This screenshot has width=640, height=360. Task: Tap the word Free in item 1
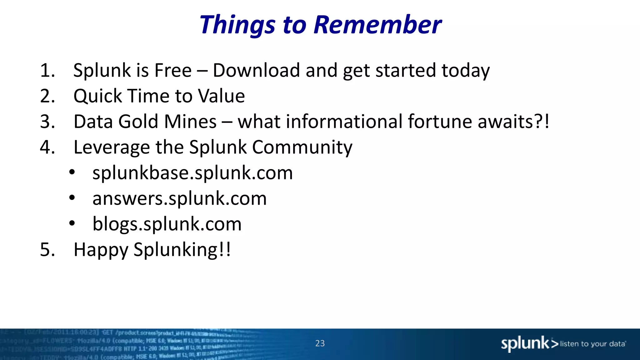(173, 70)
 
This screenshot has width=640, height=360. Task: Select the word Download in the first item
(256, 70)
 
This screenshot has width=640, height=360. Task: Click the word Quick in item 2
(97, 96)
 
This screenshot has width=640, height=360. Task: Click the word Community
(302, 148)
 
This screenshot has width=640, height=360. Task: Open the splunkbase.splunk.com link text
(192, 173)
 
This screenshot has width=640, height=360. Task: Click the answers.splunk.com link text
(179, 199)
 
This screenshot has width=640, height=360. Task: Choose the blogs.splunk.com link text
(167, 224)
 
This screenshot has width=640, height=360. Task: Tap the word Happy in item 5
(101, 250)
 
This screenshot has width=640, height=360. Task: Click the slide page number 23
(320, 343)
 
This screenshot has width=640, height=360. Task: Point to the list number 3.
(47, 122)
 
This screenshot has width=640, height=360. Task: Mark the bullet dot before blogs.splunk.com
(72, 223)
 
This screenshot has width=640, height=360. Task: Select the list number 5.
(47, 250)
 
